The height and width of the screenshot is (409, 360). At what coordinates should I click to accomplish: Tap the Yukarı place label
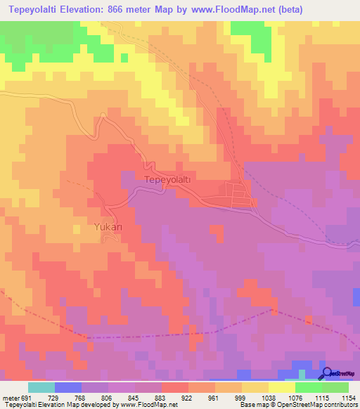pyautogui.click(x=108, y=228)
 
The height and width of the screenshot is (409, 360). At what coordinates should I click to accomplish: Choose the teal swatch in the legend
pyautogui.click(x=41, y=387)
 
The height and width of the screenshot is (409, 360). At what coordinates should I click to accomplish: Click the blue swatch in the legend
pyautogui.click(x=68, y=387)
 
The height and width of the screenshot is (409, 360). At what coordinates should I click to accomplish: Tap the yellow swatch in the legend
pyautogui.click(x=282, y=387)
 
